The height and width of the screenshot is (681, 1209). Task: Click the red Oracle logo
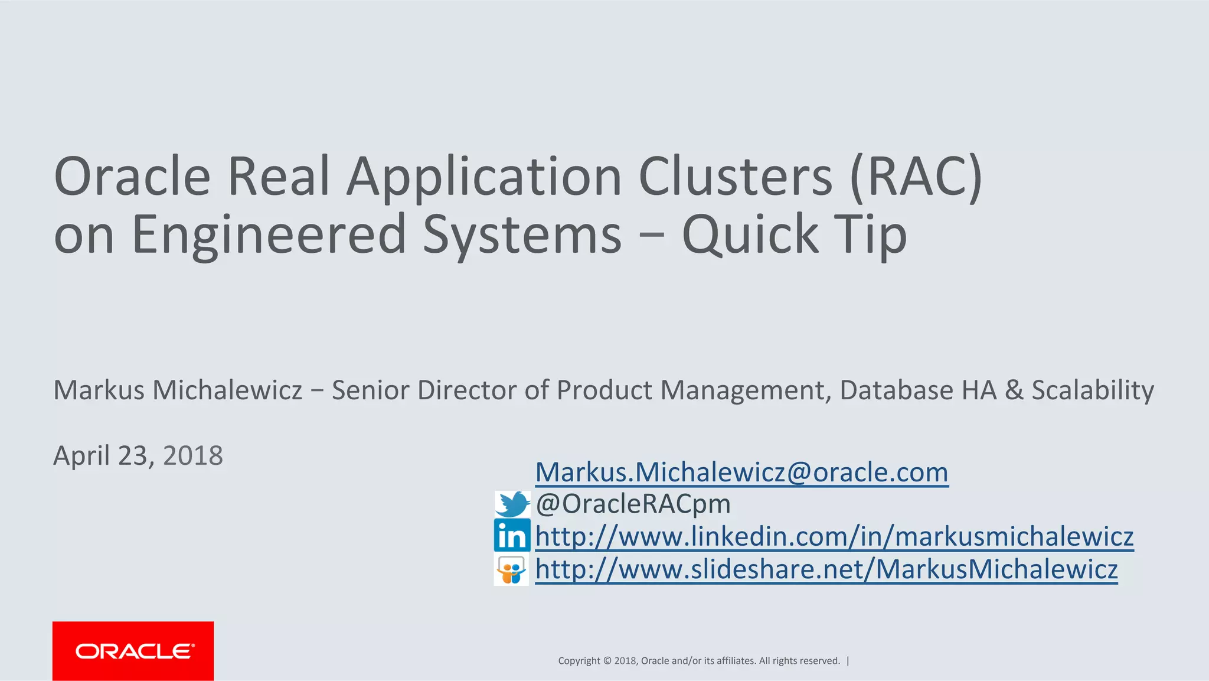[x=133, y=651]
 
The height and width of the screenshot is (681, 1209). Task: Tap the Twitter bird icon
[x=512, y=504]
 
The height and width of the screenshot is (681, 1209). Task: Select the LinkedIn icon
[x=512, y=536]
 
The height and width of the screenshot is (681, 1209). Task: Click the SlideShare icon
[x=511, y=569]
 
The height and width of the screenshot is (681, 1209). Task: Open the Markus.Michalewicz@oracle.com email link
[x=741, y=472]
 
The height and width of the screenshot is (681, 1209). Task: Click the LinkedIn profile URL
[x=834, y=536]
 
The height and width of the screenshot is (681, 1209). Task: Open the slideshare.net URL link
[x=826, y=569]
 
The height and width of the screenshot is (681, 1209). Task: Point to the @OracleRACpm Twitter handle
[x=633, y=504]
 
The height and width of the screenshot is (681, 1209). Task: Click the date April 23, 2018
[x=138, y=455]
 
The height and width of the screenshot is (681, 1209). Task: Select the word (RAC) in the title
[x=916, y=176]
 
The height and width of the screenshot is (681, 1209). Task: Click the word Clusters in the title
[x=735, y=176]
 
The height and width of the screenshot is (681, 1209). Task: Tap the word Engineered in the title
[x=269, y=234]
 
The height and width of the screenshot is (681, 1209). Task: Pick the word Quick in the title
[x=750, y=234]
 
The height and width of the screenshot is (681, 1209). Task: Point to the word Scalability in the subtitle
[x=1092, y=390]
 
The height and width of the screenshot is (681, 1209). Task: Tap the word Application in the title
[x=484, y=176]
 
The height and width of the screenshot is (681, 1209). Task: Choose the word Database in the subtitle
[x=897, y=390]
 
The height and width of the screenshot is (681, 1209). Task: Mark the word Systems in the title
[x=522, y=234]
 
